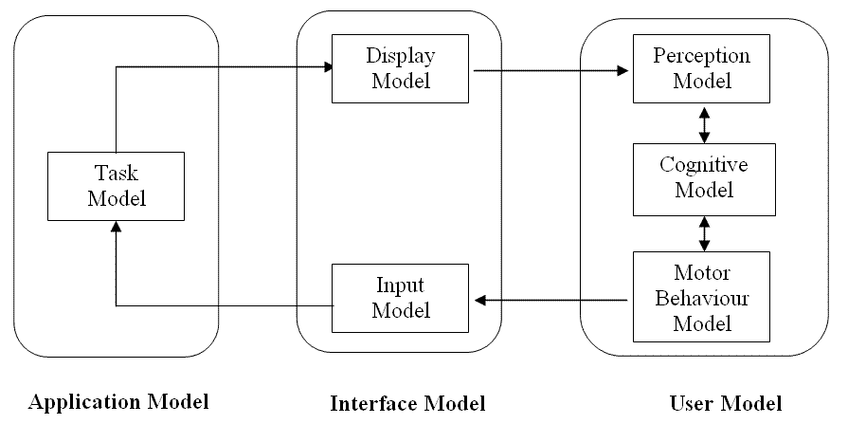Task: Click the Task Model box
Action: coord(117,186)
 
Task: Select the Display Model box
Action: coord(400,68)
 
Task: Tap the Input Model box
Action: coord(400,297)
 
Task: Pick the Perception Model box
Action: coord(702,68)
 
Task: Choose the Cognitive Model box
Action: coord(702,177)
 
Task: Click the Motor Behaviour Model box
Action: coord(702,297)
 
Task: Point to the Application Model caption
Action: coord(118,402)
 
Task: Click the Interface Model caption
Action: coord(407,404)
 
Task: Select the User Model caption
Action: coord(726,404)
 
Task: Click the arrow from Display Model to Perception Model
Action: coord(550,70)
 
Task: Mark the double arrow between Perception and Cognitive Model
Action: coord(703,123)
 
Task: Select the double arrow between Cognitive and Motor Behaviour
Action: coord(703,232)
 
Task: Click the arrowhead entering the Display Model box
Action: coord(328,67)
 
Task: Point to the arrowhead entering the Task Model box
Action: coord(116,227)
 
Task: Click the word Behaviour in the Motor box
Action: coord(702,298)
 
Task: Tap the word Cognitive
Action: coord(703,165)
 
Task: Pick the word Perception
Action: coord(702,56)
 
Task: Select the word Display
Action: coord(401,56)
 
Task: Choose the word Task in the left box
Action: coord(117,174)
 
